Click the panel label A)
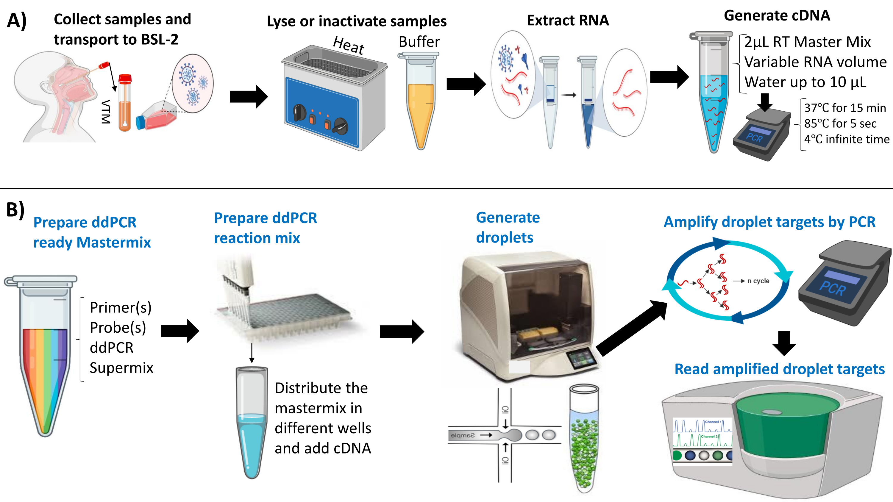tap(17, 21)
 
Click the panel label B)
tap(15, 210)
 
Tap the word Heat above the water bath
tap(348, 46)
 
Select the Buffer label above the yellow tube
tap(419, 42)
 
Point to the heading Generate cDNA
tap(777, 15)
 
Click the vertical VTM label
tap(106, 112)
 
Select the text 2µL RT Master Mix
tap(807, 42)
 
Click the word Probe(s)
tap(118, 328)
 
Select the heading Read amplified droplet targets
tap(779, 369)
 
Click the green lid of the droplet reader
tap(787, 426)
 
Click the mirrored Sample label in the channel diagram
tap(463, 435)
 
